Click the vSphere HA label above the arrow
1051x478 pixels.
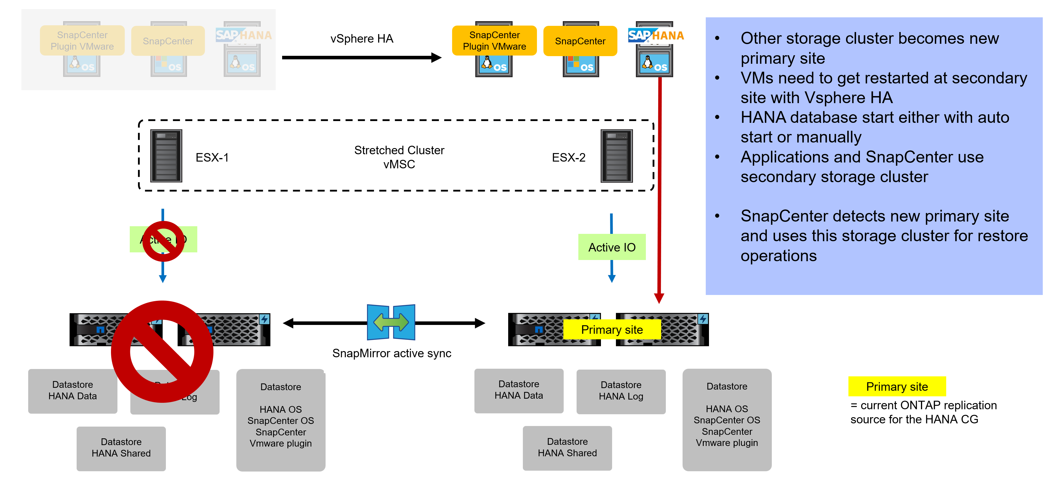coord(361,39)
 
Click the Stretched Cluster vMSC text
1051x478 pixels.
coord(399,157)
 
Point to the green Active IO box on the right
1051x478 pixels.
coord(612,247)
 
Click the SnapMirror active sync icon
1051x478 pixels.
coord(391,322)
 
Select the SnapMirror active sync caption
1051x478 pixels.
coord(392,353)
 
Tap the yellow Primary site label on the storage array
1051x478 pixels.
coord(612,329)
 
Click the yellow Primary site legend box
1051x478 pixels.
coord(897,386)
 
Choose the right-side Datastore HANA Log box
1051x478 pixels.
coord(621,391)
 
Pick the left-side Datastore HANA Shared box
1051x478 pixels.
coord(121,448)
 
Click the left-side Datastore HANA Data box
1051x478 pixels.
coord(73,391)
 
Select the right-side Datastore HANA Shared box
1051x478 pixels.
coord(567,447)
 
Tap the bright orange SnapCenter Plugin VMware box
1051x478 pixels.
coord(494,41)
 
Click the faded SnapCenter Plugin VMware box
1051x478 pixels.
coord(82,41)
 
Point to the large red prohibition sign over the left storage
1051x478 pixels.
coord(162,351)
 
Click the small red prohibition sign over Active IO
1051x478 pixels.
coord(163,241)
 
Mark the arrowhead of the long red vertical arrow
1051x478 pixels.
coord(659,298)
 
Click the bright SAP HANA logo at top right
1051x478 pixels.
coord(656,36)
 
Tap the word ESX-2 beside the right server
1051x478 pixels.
coord(568,157)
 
